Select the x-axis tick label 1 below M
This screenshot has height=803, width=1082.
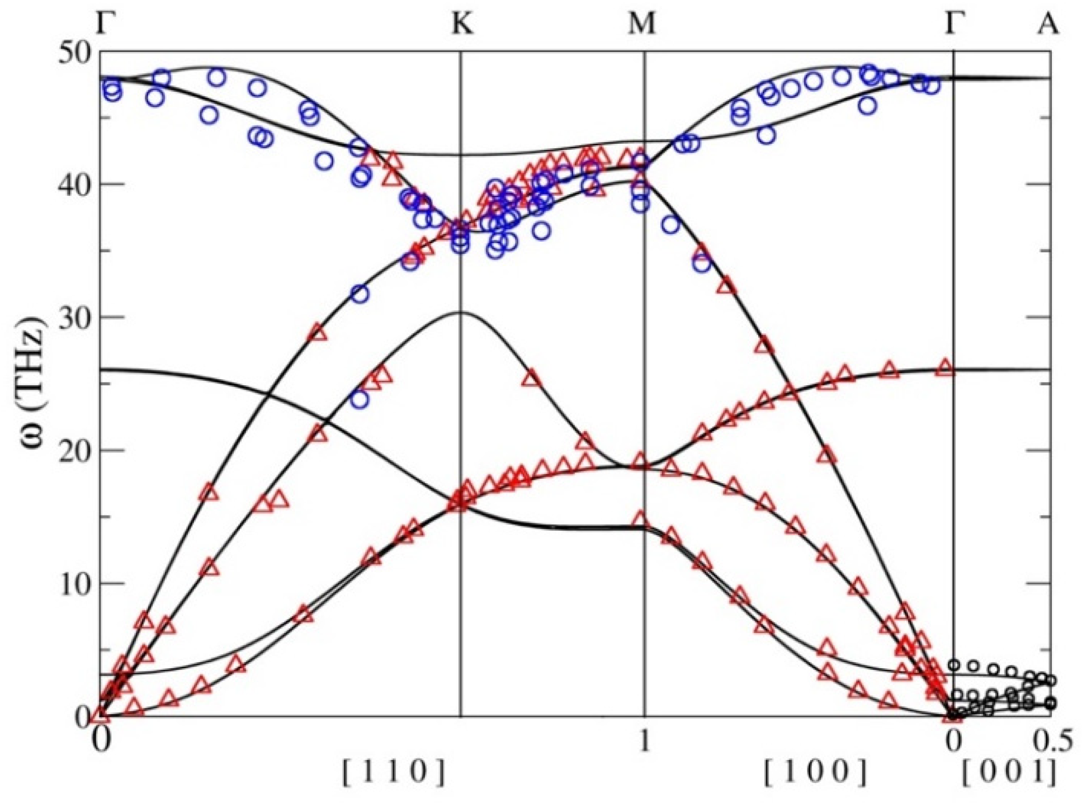[x=645, y=742]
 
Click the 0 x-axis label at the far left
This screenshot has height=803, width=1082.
[x=101, y=742]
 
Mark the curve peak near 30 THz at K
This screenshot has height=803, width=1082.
[x=460, y=312]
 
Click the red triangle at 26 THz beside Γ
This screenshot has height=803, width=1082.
[x=945, y=368]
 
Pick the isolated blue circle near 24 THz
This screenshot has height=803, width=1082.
[x=360, y=400]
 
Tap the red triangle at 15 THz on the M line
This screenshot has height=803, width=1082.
[x=641, y=519]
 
